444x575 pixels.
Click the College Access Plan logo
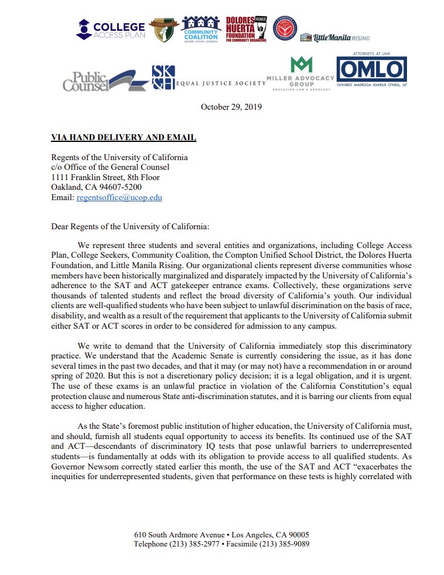(111, 29)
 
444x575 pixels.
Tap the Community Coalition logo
(200, 29)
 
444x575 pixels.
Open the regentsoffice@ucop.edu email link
(119, 197)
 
